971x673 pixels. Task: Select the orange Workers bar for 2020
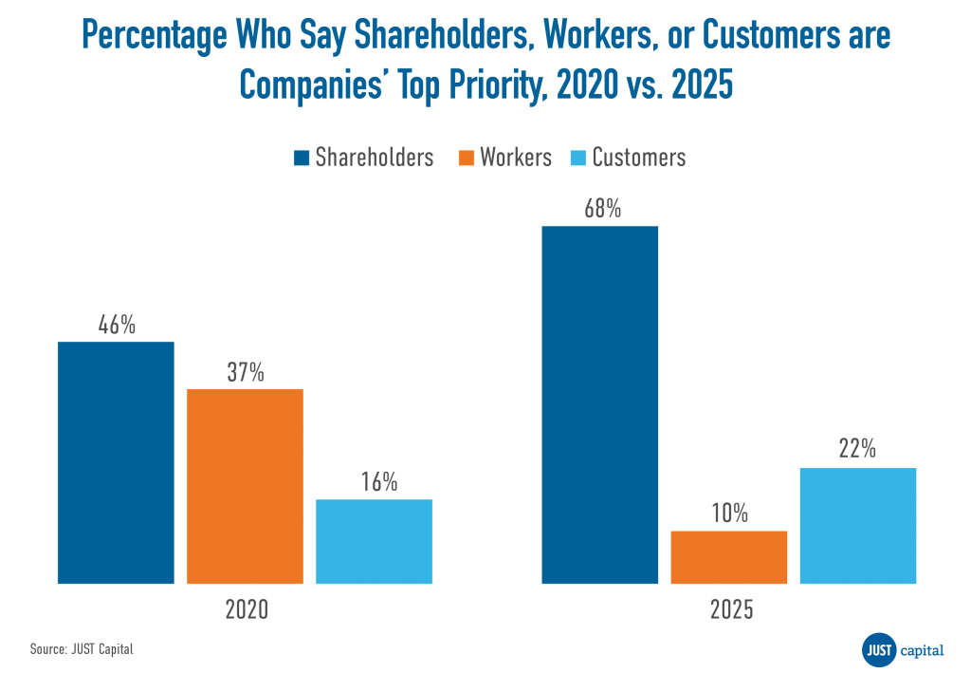pos(245,486)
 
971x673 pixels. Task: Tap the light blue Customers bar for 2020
pos(374,541)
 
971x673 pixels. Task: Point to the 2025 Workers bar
pos(728,557)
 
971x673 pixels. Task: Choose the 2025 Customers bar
pos(857,526)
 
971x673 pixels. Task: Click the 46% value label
pos(117,325)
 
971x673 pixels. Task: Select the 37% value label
pos(245,372)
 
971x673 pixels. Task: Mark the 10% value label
pos(729,514)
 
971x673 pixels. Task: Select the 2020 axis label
pos(246,609)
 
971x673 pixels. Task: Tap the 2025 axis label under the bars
pos(731,609)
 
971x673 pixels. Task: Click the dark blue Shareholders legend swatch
pos(302,158)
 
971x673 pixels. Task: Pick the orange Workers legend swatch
pos(467,158)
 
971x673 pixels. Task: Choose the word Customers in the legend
pos(638,158)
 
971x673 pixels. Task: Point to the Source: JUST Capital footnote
pos(82,649)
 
